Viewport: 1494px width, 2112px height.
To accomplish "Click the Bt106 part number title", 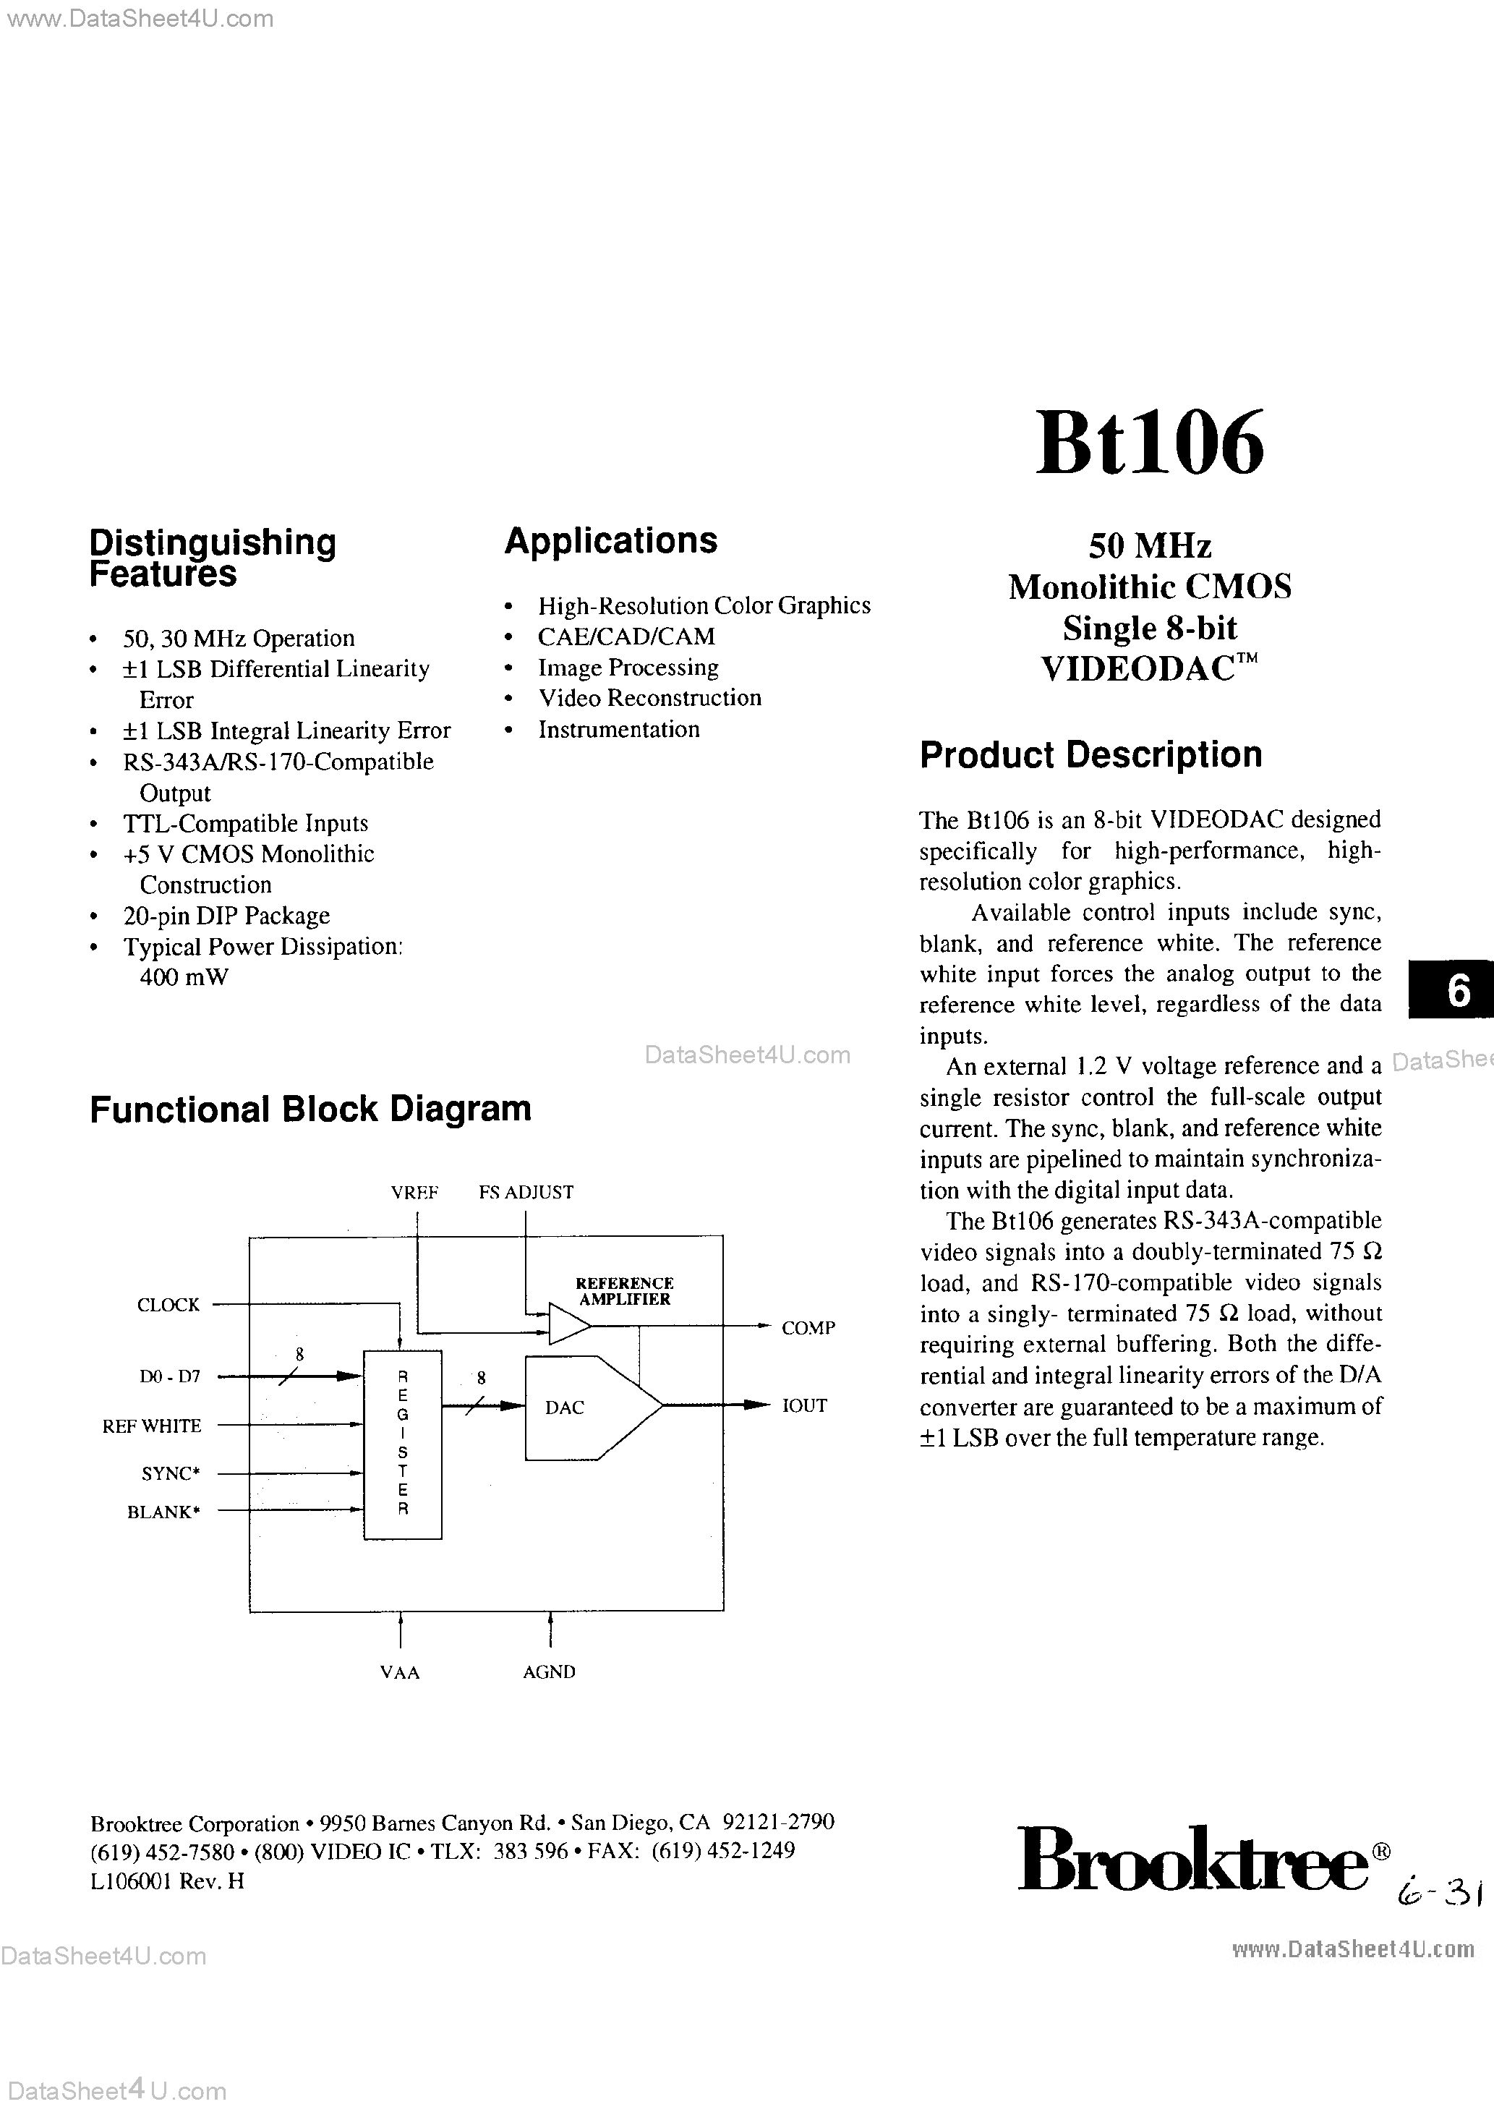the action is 1149,444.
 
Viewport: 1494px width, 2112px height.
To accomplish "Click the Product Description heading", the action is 1090,755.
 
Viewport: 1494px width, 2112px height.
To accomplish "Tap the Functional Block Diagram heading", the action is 310,1110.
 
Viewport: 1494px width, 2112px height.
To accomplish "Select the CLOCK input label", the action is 168,1306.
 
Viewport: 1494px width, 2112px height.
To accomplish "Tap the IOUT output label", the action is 804,1405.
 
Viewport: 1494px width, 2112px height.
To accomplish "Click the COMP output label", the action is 808,1328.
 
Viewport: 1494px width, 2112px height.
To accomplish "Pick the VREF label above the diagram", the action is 414,1193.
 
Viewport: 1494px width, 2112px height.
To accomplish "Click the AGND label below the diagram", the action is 549,1672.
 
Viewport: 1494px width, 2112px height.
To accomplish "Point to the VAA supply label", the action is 399,1672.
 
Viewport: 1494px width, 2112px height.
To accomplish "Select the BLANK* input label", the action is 163,1512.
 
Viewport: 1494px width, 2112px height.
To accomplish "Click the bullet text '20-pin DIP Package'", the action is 226,916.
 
